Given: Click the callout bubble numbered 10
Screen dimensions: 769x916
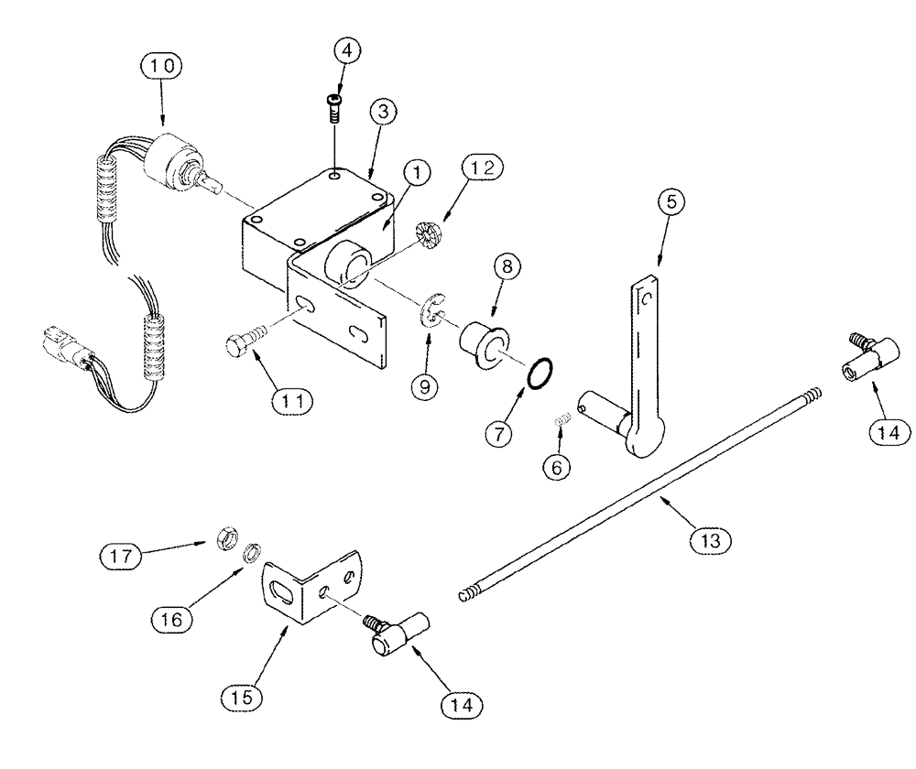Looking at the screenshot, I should pyautogui.click(x=162, y=67).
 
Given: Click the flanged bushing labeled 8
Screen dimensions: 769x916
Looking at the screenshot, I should pyautogui.click(x=482, y=344).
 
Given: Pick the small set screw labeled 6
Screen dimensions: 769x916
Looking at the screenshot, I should pyautogui.click(x=565, y=420).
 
